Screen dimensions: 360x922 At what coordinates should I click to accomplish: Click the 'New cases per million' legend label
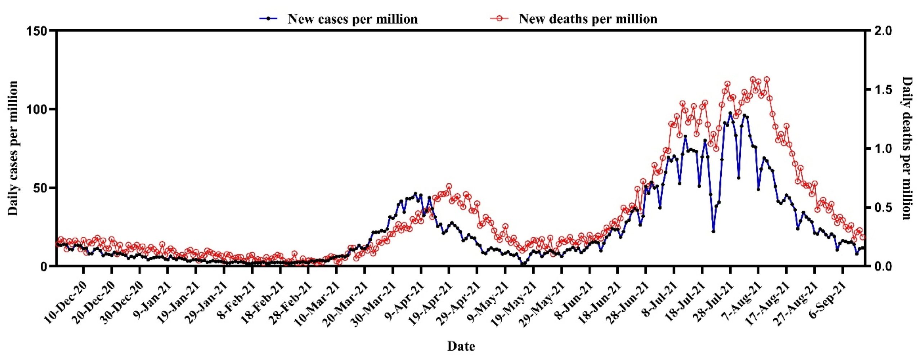coord(352,19)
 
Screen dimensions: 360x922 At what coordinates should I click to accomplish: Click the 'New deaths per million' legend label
coord(588,19)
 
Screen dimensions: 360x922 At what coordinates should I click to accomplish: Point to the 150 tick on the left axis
coord(37,31)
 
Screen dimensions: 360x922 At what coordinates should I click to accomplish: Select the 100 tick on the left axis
coord(37,109)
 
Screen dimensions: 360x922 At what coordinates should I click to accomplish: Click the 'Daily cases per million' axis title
coord(13,148)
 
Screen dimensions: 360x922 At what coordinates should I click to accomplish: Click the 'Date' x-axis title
coord(461,346)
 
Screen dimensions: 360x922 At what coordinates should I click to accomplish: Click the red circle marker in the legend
coord(500,18)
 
